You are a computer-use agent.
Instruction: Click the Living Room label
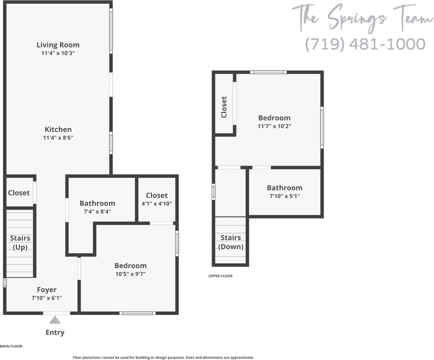(58, 45)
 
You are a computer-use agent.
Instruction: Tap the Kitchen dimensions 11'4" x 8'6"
(58, 138)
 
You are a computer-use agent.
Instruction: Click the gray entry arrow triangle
(55, 320)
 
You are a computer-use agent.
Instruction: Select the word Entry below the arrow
(55, 332)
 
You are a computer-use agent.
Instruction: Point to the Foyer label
(47, 289)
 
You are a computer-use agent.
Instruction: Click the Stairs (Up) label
(20, 243)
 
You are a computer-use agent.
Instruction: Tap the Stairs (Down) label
(231, 242)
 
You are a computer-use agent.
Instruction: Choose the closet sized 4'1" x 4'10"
(157, 199)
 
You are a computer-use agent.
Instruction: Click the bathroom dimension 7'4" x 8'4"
(97, 211)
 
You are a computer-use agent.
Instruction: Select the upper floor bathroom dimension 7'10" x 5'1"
(284, 196)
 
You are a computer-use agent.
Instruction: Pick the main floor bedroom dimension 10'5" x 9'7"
(130, 274)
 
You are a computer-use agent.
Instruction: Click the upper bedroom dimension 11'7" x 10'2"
(274, 126)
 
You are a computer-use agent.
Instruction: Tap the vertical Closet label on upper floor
(224, 107)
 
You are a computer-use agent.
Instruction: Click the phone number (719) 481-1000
(365, 44)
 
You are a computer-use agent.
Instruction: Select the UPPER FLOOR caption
(220, 276)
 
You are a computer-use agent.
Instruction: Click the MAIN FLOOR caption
(11, 346)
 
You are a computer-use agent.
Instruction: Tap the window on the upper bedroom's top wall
(268, 72)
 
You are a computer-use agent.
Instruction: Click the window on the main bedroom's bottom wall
(137, 313)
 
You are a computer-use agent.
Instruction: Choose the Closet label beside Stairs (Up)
(19, 193)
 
